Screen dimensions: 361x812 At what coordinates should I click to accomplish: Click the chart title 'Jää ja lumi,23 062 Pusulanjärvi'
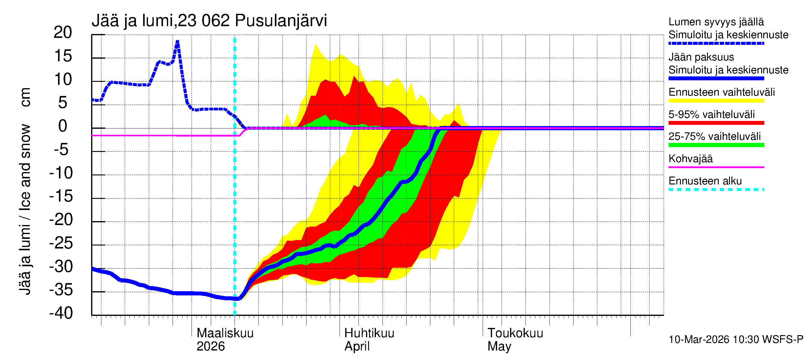[209, 21]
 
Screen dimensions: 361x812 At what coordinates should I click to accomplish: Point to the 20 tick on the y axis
[63, 32]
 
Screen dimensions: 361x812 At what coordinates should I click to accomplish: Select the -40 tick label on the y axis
[61, 313]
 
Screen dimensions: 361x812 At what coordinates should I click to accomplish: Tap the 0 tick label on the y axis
[63, 126]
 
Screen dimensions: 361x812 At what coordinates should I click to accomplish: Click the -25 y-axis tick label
[61, 243]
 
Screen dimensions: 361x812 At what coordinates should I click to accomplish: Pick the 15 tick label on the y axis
[63, 56]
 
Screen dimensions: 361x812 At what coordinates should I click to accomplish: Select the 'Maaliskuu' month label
[225, 333]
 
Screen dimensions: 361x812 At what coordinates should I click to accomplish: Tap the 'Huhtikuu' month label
[369, 333]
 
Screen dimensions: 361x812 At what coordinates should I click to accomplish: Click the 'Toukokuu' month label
[515, 333]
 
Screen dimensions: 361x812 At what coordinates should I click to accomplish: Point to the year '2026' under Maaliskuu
[211, 346]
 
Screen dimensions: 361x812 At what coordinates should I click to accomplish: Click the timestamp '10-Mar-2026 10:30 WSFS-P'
[736, 339]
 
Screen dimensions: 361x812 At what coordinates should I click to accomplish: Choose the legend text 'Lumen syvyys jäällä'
[716, 22]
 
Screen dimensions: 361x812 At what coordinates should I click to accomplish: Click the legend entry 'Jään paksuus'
[701, 57]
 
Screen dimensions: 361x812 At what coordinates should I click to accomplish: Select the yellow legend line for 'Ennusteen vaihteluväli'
[716, 101]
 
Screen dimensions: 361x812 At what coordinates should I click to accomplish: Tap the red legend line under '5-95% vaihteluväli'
[716, 123]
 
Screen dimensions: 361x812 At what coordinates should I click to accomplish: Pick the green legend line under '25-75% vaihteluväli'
[716, 145]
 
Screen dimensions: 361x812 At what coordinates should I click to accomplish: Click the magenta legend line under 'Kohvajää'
[716, 167]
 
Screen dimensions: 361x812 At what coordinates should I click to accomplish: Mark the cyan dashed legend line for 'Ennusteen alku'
[716, 190]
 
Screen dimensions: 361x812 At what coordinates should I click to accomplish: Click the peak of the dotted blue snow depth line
[177, 42]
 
